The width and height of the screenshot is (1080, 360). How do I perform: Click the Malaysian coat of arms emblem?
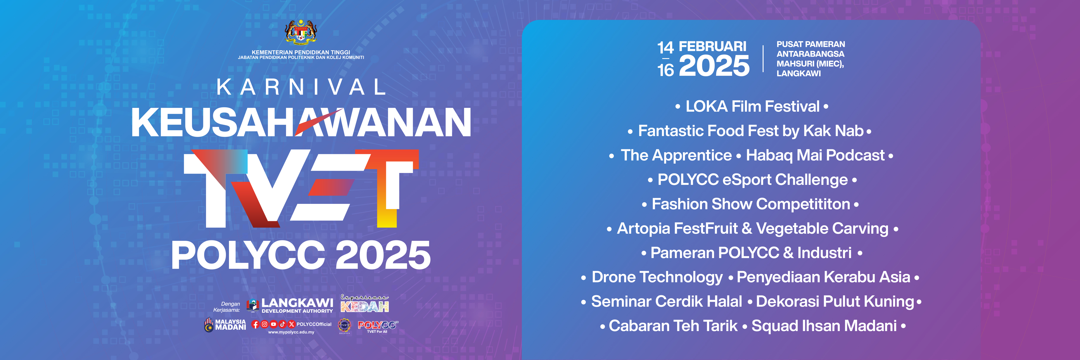click(x=301, y=32)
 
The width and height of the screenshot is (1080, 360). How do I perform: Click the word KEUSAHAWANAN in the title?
click(x=301, y=122)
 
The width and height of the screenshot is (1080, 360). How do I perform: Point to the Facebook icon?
click(x=255, y=324)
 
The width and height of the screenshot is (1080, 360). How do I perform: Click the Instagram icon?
click(x=265, y=324)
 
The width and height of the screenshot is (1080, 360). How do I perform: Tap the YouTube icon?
click(x=274, y=324)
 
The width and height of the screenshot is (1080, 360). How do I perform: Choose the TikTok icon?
click(x=283, y=324)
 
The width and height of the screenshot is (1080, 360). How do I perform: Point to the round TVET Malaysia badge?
click(x=344, y=325)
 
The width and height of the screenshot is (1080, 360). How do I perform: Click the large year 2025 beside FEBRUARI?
click(x=714, y=66)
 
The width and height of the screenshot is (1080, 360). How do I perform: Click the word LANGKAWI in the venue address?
click(x=799, y=73)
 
